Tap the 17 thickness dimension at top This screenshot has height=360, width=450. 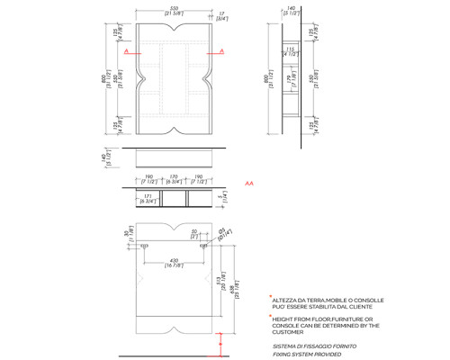point(221,13)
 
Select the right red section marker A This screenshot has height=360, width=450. point(220,52)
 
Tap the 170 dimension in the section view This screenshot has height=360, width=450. point(174,178)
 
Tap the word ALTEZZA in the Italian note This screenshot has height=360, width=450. point(287,300)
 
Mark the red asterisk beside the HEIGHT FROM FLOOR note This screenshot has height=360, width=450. point(269,316)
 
